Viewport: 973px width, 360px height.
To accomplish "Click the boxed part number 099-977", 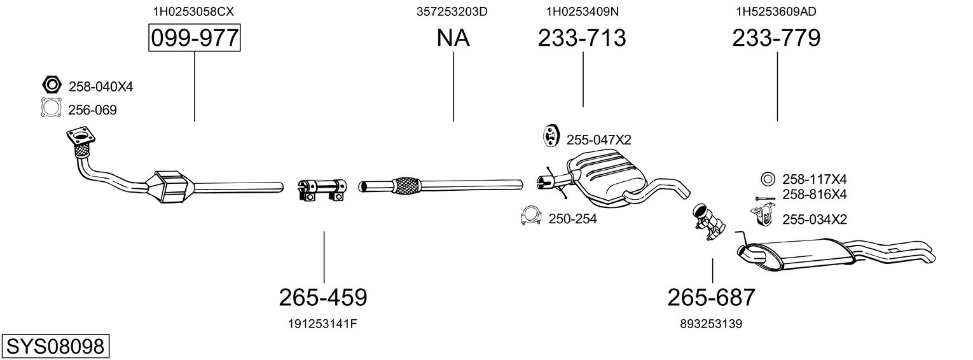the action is pos(194,38).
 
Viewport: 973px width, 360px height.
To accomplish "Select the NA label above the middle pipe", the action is pos(453,38).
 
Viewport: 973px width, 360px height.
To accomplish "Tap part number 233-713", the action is pos(582,38).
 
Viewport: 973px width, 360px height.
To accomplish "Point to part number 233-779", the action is pos(776,38).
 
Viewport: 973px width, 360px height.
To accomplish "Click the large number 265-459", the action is pos(323,298).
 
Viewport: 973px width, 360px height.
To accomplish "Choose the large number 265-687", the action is pos(712,298).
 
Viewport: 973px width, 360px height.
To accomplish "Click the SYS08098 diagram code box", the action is pos(55,347).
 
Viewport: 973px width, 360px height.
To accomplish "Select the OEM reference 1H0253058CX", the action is pos(193,11).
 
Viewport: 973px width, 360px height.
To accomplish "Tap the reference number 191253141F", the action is pos(322,324).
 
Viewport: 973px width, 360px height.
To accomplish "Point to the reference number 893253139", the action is pos(711,324).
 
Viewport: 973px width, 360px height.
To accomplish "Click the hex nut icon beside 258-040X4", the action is pos(52,84).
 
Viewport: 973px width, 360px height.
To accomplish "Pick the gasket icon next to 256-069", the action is pos(52,107).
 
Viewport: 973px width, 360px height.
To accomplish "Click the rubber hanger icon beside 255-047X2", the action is pos(551,136).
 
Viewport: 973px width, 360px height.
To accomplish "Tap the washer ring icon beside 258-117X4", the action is pos(768,179).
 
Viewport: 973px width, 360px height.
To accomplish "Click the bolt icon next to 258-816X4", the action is pos(765,198).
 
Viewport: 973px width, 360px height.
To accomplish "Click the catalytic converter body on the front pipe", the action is pos(171,188).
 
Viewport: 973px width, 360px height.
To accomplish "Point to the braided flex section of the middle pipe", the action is pos(406,186).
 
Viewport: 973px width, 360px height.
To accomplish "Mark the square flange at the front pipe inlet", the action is pos(80,137).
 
